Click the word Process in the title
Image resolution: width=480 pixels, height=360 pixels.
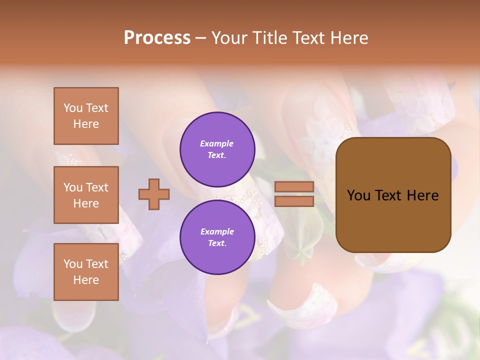coord(157,38)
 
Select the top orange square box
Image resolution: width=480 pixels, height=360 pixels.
coord(86,116)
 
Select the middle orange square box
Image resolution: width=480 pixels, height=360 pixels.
coord(86,195)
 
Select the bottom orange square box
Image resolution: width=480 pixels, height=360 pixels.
coord(86,271)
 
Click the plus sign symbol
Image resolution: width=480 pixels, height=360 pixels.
coord(154,194)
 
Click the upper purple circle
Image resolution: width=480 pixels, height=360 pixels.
coord(217,149)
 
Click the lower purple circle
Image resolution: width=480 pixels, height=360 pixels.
coord(217,237)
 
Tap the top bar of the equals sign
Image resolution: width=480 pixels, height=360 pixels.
coord(294,186)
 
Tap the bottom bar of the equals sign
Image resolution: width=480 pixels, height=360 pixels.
coord(294,201)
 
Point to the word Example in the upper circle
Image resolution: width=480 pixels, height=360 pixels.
coord(217,143)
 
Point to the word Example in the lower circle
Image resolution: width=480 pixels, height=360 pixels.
coord(217,231)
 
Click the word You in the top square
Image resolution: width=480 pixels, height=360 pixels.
coord(73,108)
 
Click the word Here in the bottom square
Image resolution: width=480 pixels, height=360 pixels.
coord(86,280)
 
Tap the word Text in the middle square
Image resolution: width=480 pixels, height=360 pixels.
coord(97,187)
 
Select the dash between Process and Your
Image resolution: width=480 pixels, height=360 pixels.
coord(200,38)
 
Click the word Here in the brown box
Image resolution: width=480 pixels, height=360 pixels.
coord(423,195)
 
